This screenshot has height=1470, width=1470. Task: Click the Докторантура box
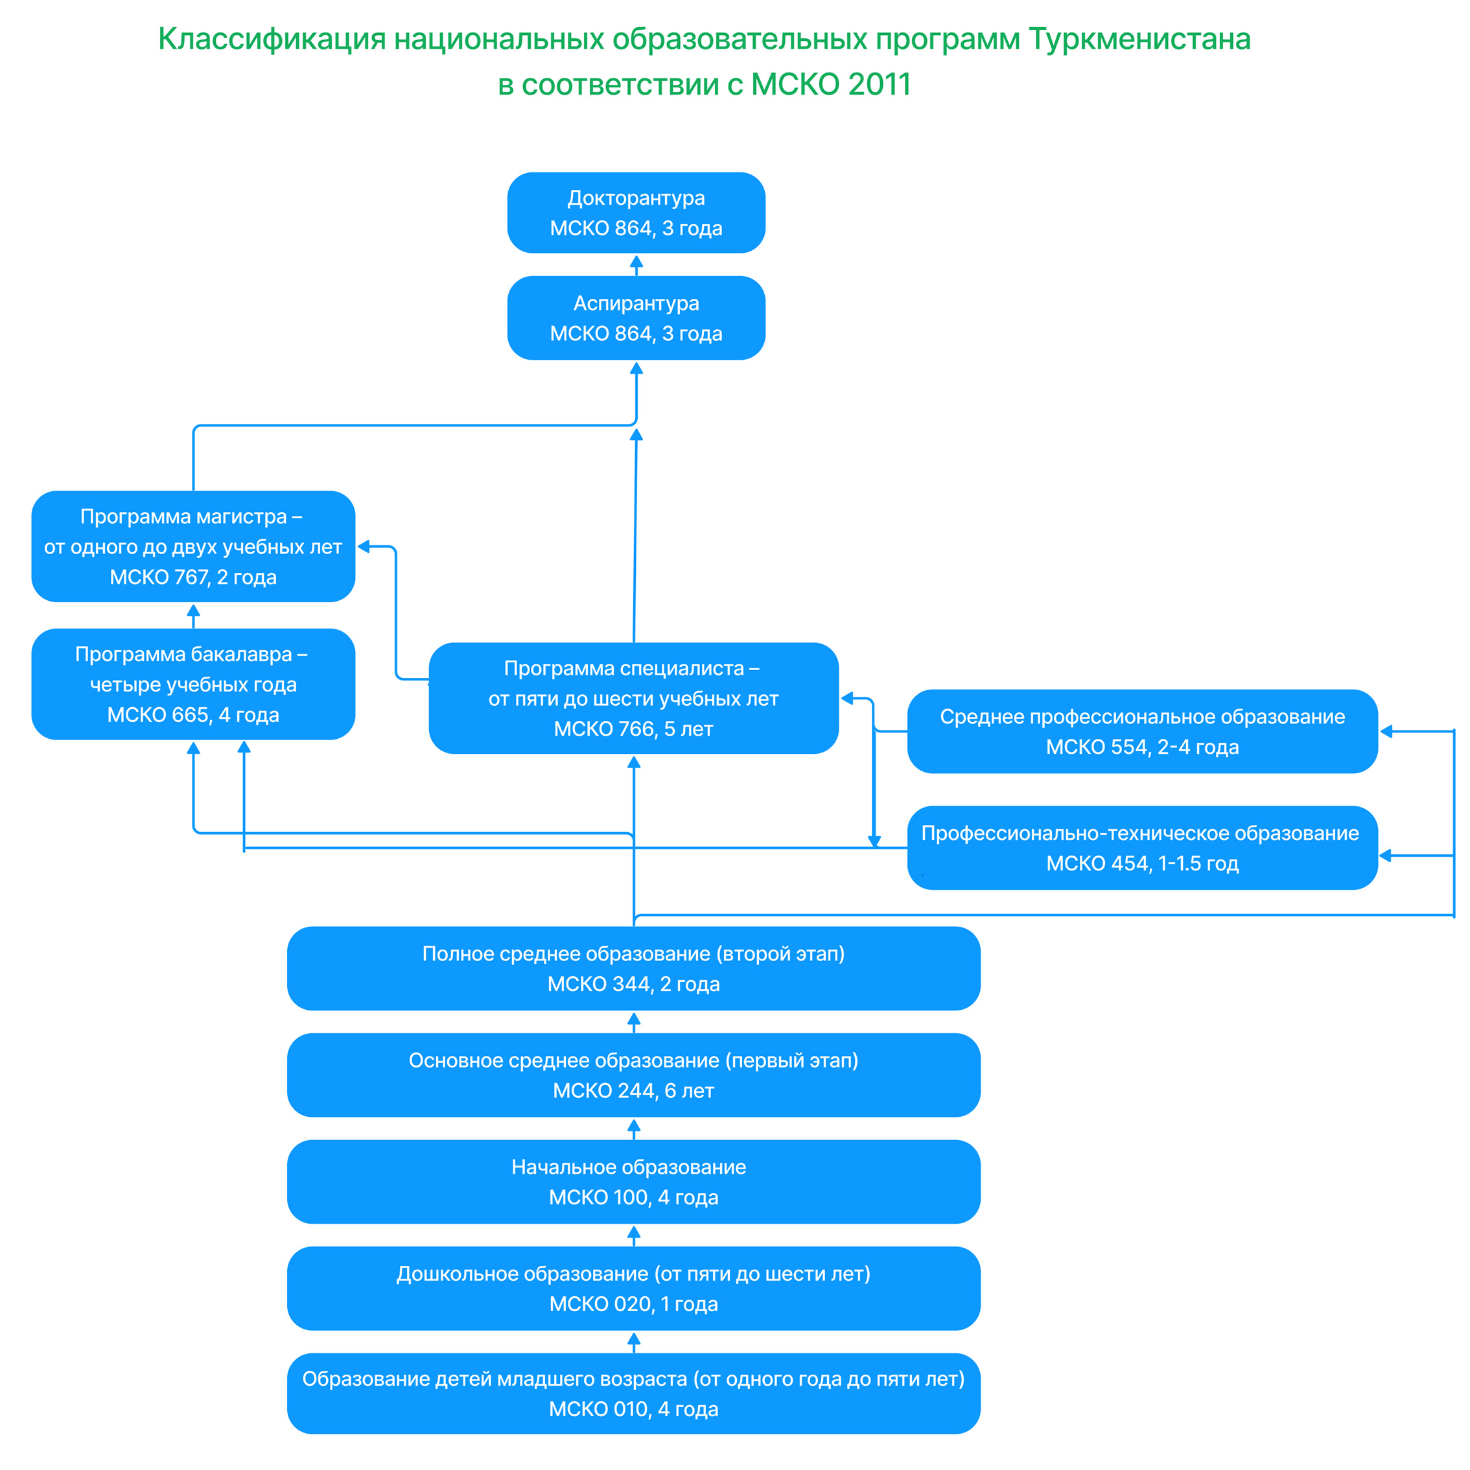coord(636,213)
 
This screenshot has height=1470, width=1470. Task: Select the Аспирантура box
coord(636,318)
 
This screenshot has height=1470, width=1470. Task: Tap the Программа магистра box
coord(193,546)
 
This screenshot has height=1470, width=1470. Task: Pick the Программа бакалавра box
coord(193,684)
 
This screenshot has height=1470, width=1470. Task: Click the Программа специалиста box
coord(634,699)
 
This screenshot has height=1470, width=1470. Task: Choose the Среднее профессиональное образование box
coord(1143,731)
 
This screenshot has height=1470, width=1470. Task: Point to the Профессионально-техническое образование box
coord(1143,848)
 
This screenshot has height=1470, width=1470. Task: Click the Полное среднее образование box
coord(634,968)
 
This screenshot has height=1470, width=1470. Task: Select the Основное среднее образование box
coord(634,1075)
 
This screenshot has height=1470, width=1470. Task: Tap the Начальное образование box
coord(634,1182)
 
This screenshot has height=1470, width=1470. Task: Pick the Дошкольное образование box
coord(634,1288)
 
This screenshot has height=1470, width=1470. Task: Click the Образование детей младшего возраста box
coord(634,1393)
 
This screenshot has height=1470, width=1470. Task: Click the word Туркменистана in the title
coord(1140,40)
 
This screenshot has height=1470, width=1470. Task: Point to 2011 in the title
coord(880,84)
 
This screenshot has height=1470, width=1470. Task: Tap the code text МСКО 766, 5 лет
coord(634,729)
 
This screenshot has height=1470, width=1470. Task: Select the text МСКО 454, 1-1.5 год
coord(1143,863)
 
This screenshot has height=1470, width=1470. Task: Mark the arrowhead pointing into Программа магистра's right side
coord(364,546)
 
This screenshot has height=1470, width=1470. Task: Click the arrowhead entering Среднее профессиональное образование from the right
coord(1386,731)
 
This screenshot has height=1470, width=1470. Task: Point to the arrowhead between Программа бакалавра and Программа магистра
coord(193,610)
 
